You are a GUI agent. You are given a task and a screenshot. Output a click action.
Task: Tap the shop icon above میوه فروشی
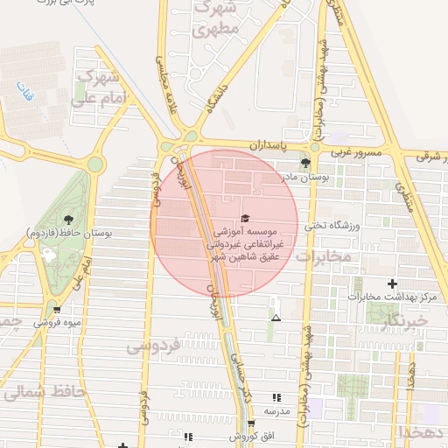coord(57,309)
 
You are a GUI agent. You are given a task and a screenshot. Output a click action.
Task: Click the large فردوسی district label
coord(153,346)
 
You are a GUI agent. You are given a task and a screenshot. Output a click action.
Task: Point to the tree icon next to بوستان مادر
coord(305,163)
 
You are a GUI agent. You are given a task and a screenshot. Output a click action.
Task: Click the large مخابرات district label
coord(323,255)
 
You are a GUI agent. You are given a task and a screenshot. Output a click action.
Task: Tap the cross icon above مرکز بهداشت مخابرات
coord(391,283)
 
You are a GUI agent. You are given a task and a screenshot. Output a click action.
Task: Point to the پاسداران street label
coord(266,143)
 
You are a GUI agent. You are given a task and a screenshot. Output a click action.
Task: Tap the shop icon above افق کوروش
coord(251,423)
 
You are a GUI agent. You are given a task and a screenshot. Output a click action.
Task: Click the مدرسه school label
coord(276,409)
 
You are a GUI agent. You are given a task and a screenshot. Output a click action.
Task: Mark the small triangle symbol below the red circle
coord(276,317)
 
